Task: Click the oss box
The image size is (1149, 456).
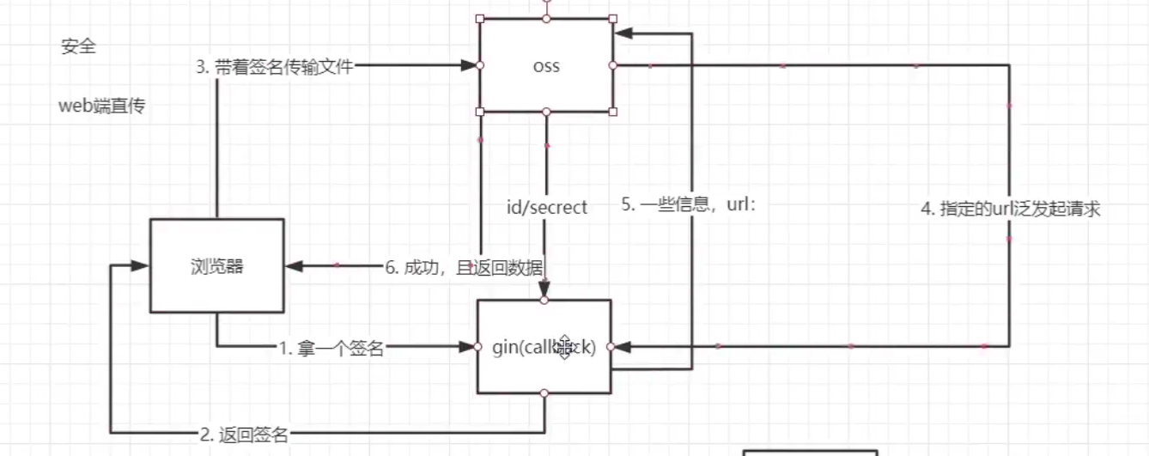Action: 545,65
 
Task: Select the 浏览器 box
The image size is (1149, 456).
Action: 216,266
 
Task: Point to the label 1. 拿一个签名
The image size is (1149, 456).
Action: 331,348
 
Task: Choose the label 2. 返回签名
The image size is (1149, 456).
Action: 245,435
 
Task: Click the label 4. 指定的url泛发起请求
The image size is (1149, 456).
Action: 1010,210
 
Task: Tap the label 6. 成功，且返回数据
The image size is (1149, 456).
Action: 464,267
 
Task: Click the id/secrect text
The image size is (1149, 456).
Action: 547,207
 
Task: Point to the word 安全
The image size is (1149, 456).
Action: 78,47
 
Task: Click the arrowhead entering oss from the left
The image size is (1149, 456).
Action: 469,65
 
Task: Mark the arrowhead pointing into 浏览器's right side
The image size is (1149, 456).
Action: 295,265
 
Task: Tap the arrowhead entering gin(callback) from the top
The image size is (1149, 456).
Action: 544,293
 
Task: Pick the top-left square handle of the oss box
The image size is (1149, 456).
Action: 480,18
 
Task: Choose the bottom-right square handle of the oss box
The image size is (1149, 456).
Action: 612,112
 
